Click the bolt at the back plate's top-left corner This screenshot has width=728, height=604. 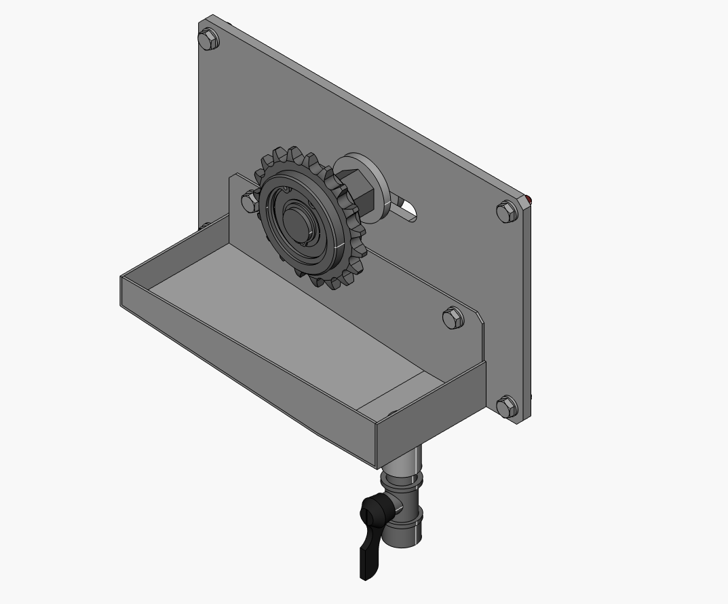(x=210, y=40)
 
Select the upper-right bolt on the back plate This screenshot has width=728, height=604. (x=507, y=212)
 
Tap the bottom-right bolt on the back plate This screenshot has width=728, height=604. (x=507, y=407)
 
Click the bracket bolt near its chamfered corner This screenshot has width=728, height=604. (x=453, y=317)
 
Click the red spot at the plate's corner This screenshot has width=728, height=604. (x=528, y=198)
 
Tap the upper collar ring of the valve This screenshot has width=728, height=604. (x=402, y=481)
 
